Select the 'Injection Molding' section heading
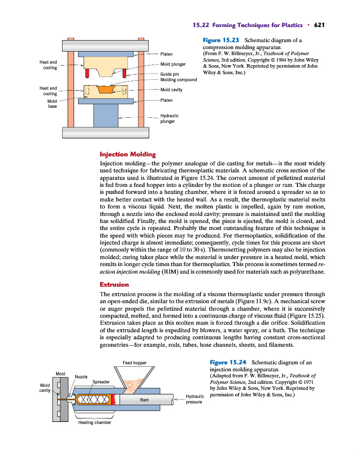click(128, 154)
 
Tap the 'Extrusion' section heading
click(115, 285)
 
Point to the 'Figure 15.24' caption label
click(227, 362)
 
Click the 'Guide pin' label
click(169, 74)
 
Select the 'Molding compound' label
click(178, 80)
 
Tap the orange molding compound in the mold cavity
click(106, 90)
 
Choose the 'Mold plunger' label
click(173, 64)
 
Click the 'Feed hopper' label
click(134, 362)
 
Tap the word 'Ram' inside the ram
click(144, 399)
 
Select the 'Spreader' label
click(101, 382)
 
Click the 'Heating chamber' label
click(95, 422)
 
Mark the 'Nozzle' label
click(81, 377)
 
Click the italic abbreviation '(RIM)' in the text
click(168, 272)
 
